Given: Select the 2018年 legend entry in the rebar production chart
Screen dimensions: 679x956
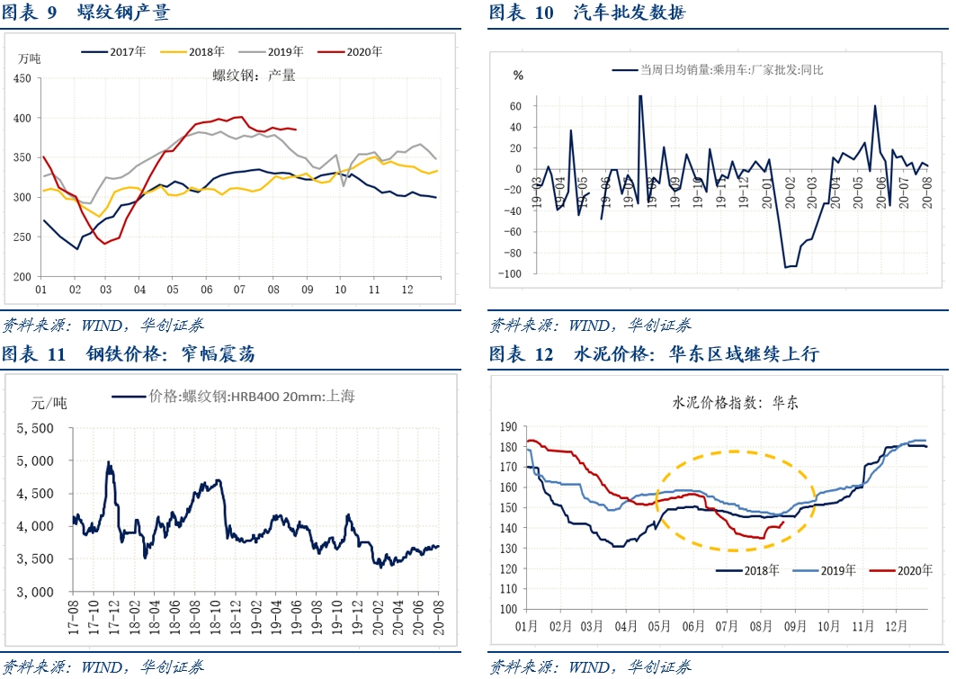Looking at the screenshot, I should pyautogui.click(x=202, y=52).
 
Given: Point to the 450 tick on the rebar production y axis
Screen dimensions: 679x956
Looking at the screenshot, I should pyautogui.click(x=22, y=78).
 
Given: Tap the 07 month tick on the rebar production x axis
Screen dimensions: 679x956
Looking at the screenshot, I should pyautogui.click(x=239, y=290).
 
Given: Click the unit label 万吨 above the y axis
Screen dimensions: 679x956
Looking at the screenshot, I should pyautogui.click(x=30, y=58).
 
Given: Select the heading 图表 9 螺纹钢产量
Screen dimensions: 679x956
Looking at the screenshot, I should pyautogui.click(x=85, y=13).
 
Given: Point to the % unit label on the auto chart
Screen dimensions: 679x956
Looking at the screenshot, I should pyautogui.click(x=518, y=76).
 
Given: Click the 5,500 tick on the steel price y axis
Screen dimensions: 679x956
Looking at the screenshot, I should pyautogui.click(x=36, y=428).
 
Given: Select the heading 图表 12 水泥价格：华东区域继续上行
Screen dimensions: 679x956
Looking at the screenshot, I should pyautogui.click(x=654, y=354).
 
